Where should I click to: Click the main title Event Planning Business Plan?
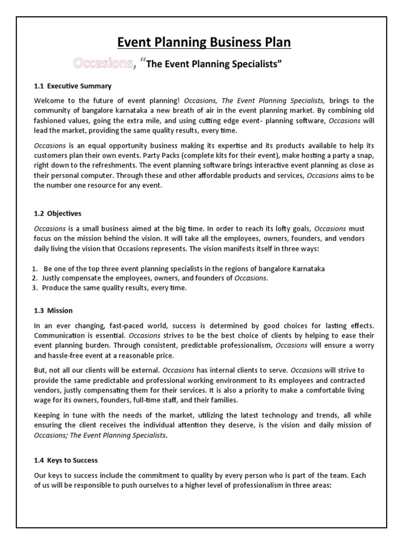pos(201,42)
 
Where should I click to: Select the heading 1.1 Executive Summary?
pos(73,86)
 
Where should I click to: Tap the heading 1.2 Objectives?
pos(58,214)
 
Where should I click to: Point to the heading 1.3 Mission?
pos(54,310)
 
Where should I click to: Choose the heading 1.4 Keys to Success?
pos(66,460)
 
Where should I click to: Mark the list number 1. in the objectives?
pos(35,268)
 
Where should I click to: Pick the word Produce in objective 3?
pos(55,288)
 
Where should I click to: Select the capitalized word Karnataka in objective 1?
pos(305,268)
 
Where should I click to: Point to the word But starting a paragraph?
pos(40,370)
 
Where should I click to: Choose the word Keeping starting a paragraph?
pos(49,415)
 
